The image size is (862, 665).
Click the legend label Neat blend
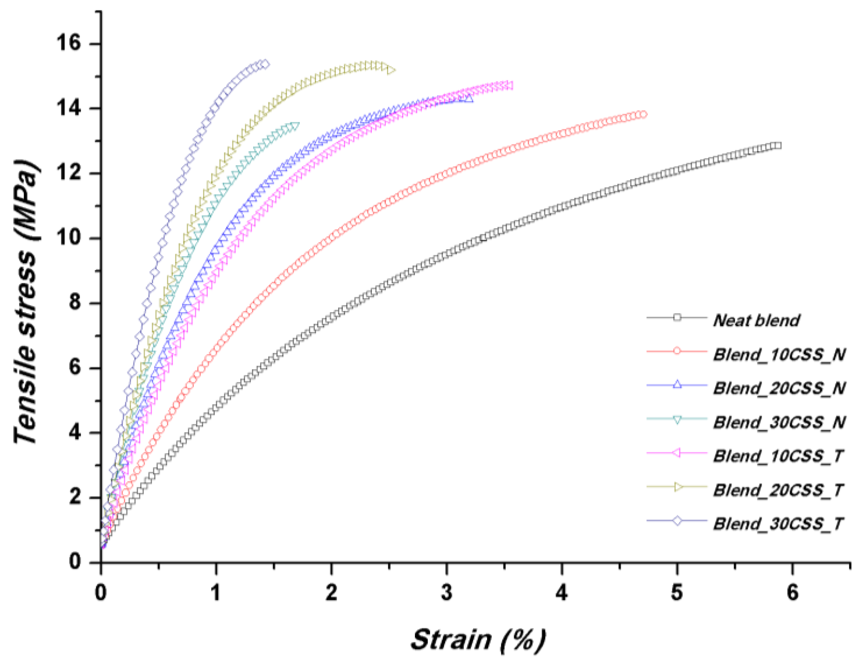pos(756,320)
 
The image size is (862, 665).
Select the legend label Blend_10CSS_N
pos(779,354)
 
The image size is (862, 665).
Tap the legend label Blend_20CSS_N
pos(779,389)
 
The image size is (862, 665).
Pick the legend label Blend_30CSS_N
pos(779,422)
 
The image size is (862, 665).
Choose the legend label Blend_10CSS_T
pos(778,456)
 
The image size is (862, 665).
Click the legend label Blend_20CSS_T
pos(778,490)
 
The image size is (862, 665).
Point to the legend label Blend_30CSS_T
pos(778,524)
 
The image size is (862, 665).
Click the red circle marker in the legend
pos(677,351)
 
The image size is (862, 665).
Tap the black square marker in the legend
pos(677,317)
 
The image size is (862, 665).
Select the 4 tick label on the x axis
pos(561,593)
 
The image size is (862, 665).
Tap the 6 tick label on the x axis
pos(792,593)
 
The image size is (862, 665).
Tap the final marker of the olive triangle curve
pos(391,70)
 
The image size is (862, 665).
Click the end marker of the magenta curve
pos(509,85)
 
